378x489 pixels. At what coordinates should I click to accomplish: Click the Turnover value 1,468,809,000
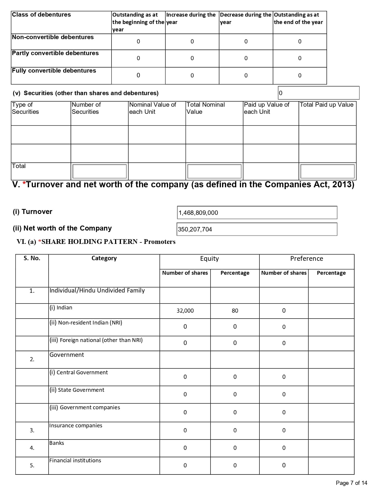tap(198, 213)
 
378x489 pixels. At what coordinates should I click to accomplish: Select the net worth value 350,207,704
tap(195, 229)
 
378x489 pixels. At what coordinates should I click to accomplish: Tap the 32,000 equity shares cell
tap(185, 311)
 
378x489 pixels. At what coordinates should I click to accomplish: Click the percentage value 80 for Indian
tap(235, 311)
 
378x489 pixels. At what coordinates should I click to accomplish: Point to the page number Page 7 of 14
tap(351, 483)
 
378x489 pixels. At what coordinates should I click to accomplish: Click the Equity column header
tap(209, 259)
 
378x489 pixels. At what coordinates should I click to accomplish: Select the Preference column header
tap(307, 259)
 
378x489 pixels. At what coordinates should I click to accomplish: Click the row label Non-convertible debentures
tap(53, 37)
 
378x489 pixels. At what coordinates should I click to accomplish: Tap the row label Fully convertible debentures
tap(54, 71)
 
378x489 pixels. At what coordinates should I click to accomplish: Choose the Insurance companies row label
tap(76, 426)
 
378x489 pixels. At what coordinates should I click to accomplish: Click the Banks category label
tap(57, 443)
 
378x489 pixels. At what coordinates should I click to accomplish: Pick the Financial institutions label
tap(75, 461)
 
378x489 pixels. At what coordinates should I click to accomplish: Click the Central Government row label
tap(79, 373)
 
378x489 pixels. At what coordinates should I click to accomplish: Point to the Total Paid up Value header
tap(327, 105)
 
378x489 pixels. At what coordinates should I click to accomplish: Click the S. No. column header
tap(32, 258)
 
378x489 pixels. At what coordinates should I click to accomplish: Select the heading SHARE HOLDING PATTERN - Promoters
tap(108, 242)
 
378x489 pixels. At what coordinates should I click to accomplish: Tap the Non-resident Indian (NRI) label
tap(86, 323)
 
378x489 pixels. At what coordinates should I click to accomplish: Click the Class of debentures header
tap(42, 15)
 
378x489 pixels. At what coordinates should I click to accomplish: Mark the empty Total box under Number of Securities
tap(100, 171)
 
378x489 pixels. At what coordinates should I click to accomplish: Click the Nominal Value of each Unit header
tap(152, 108)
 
